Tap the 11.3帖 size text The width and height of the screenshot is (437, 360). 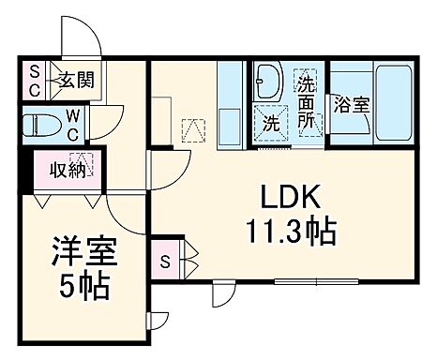[x=292, y=229]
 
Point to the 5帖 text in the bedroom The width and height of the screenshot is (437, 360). [x=83, y=284]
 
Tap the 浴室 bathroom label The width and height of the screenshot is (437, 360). [x=351, y=104]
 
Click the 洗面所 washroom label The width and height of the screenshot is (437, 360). [x=307, y=101]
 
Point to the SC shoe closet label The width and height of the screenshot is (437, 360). [x=34, y=80]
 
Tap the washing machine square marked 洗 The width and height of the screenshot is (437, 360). [x=272, y=121]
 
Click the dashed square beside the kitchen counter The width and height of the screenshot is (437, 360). [x=195, y=128]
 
